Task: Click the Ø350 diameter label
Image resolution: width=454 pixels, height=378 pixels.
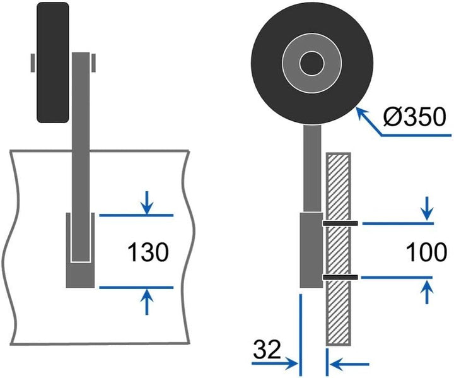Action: click(x=414, y=117)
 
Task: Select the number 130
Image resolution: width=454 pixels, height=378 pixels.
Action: click(x=148, y=252)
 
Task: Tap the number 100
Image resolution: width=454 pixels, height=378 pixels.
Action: click(x=426, y=252)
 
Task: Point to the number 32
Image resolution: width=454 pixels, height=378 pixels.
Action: click(x=267, y=350)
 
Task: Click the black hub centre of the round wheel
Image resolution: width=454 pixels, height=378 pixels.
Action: click(x=311, y=63)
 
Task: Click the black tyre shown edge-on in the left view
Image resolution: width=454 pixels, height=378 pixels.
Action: click(x=53, y=62)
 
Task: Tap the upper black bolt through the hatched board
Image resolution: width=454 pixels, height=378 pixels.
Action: click(x=340, y=223)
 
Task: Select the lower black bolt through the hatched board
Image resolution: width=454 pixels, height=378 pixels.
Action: click(x=340, y=278)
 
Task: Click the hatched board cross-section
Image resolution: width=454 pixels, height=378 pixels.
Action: click(x=339, y=249)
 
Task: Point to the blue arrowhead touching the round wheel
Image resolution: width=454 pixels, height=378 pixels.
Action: click(x=361, y=113)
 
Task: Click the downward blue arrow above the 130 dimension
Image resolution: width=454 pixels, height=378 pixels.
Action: click(x=148, y=203)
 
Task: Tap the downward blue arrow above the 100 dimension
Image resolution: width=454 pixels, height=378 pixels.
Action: click(x=428, y=209)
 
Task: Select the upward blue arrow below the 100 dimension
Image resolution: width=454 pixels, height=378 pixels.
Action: click(x=427, y=292)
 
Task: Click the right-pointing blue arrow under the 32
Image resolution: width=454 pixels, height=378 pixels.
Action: click(x=275, y=363)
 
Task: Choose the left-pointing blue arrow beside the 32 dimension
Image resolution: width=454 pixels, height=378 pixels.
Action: click(x=349, y=364)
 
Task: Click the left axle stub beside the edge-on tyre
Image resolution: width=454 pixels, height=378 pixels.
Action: click(x=33, y=62)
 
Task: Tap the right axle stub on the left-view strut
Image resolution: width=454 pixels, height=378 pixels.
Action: click(x=93, y=62)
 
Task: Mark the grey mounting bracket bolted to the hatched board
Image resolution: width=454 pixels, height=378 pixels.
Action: click(x=311, y=250)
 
